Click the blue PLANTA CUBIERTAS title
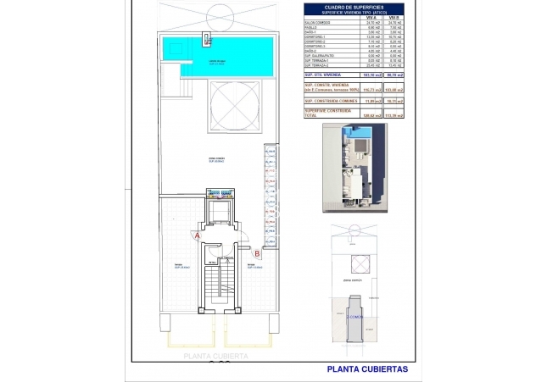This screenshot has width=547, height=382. point(367,369)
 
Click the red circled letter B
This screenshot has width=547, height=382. point(257,252)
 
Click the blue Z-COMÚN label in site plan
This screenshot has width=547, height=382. point(355,316)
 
